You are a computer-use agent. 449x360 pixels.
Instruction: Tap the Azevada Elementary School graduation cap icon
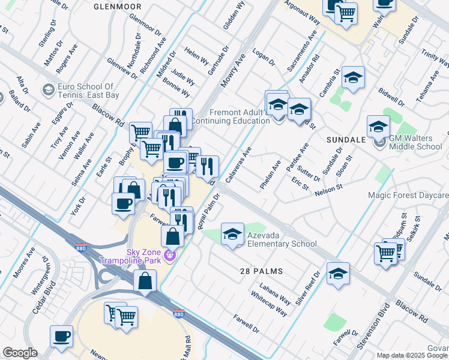pyautogui.click(x=232, y=234)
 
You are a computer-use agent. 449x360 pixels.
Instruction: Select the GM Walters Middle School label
pyautogui.click(x=415, y=142)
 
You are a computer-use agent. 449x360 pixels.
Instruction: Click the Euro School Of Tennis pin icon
pyautogui.click(x=47, y=90)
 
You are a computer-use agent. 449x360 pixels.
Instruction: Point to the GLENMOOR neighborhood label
pyautogui.click(x=117, y=6)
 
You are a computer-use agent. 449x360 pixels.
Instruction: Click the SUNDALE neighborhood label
pyautogui.click(x=346, y=139)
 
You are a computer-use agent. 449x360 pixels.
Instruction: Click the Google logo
pyautogui.click(x=20, y=353)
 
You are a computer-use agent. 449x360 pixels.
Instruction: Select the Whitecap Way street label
pyautogui.click(x=271, y=300)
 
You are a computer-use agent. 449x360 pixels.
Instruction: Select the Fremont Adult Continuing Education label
pyautogui.click(x=239, y=116)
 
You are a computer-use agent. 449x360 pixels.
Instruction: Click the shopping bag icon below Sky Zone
pyautogui.click(x=145, y=281)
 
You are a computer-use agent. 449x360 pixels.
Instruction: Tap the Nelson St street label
pyautogui.click(x=328, y=188)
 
